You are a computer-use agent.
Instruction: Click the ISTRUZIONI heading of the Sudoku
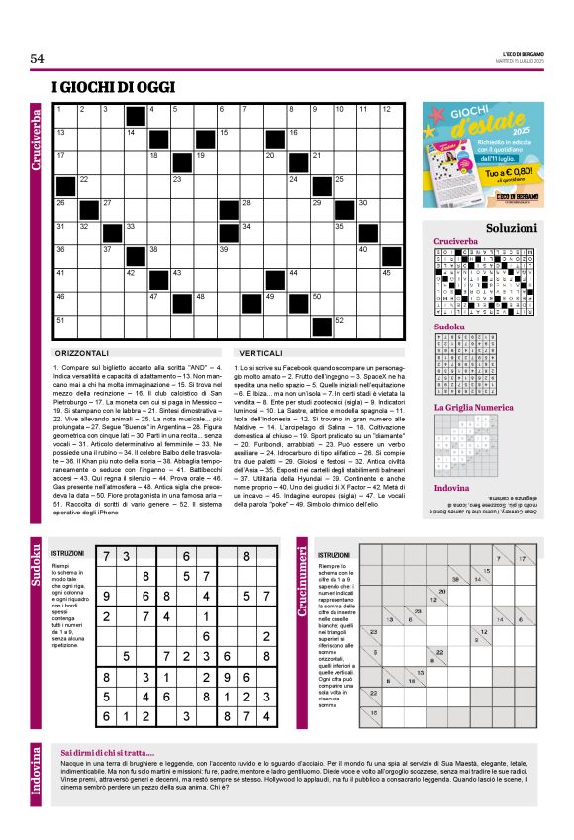68,554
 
